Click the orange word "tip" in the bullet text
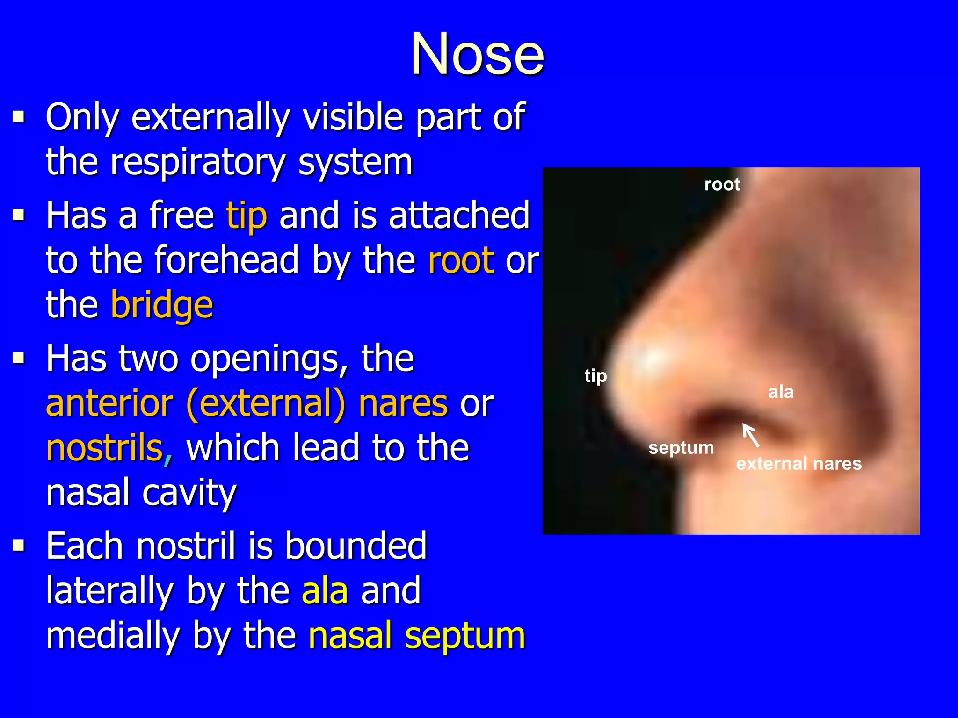pos(247,216)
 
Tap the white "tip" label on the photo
pos(595,376)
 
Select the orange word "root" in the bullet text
pos(461,260)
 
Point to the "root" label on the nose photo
pos(722,185)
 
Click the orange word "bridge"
pos(162,305)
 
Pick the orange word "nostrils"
pos(105,448)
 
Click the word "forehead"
pos(226,260)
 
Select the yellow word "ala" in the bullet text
pos(325,591)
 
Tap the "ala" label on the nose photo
pos(781,392)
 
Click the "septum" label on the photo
pos(681,448)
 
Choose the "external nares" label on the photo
pos(799,464)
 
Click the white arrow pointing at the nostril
pos(750,435)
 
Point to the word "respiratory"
pos(198,163)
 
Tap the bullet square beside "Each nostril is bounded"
pos(19,545)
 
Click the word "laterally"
pos(110,591)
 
